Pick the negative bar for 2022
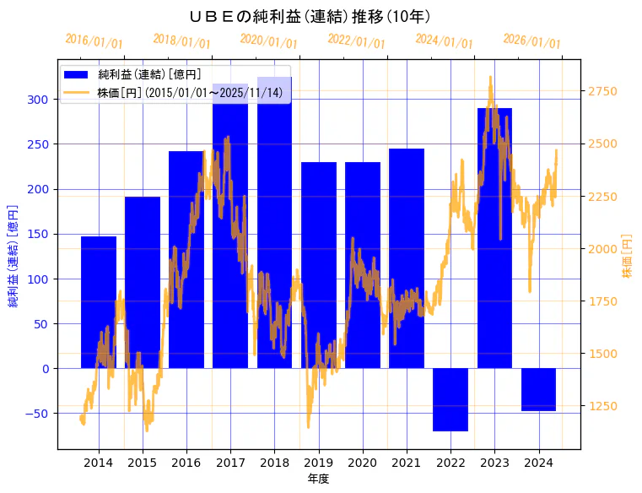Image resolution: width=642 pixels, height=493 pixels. [450, 399]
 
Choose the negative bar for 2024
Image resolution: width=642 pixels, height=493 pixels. [538, 389]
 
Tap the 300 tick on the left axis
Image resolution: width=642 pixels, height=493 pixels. [40, 100]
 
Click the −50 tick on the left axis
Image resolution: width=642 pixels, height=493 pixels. [37, 414]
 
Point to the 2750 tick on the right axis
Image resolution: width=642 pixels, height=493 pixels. [602, 92]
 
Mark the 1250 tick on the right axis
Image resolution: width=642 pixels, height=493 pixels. [602, 407]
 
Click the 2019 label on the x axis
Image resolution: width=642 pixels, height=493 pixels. [318, 463]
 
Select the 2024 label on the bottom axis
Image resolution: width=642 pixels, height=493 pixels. [538, 463]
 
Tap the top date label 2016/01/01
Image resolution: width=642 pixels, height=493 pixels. [94, 41]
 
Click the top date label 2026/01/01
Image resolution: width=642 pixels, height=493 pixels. [531, 41]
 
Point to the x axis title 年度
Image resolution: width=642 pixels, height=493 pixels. [318, 479]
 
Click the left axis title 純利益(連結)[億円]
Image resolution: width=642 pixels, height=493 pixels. [13, 254]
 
